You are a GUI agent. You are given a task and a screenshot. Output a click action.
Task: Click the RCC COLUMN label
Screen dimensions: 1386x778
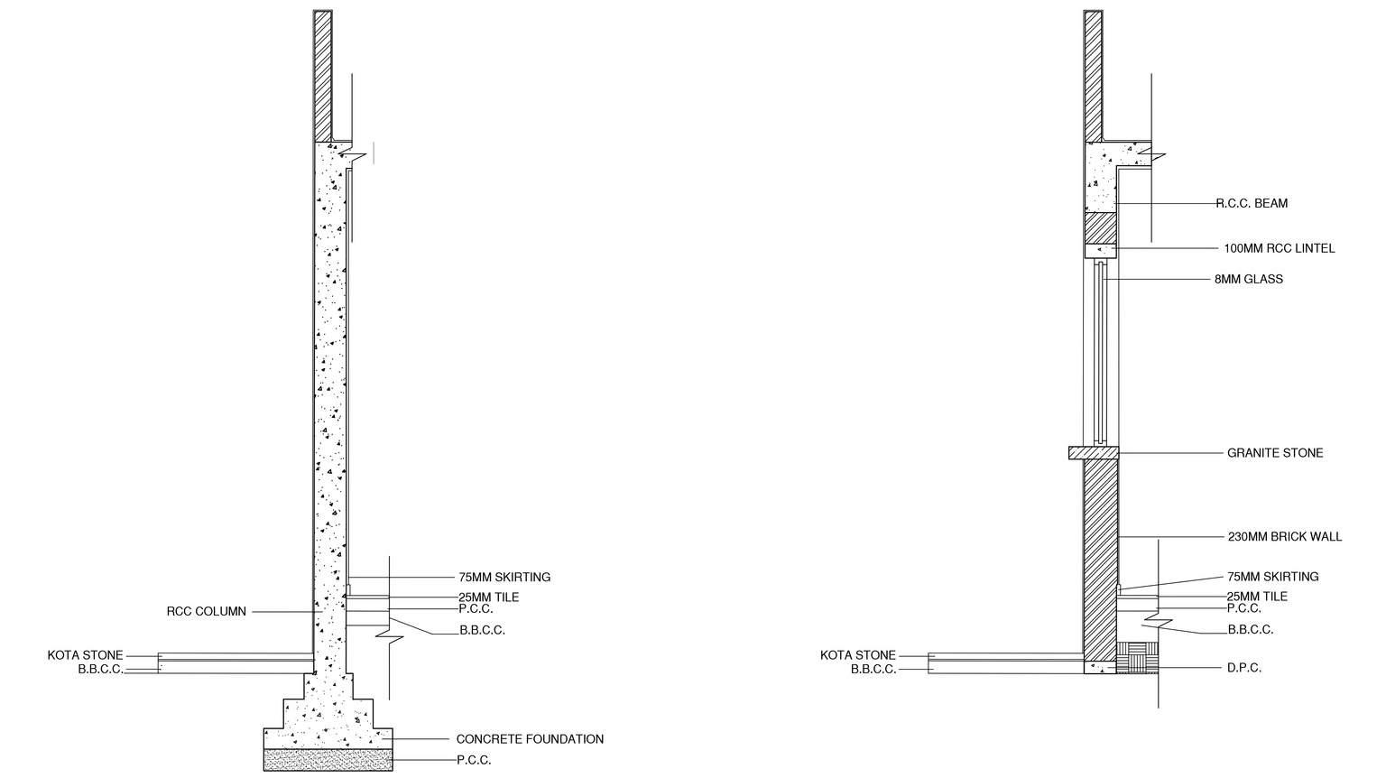coord(206,611)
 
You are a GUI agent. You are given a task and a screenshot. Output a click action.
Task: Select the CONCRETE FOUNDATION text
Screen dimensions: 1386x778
coord(530,739)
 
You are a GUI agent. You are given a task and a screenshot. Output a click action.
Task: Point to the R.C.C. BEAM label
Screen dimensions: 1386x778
coord(1252,203)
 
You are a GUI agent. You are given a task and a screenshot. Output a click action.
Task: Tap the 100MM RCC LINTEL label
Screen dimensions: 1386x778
coord(1279,248)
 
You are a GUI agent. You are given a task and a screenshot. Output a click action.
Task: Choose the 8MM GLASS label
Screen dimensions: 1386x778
coord(1248,279)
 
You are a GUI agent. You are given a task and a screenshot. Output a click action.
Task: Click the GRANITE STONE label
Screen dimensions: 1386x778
coord(1274,453)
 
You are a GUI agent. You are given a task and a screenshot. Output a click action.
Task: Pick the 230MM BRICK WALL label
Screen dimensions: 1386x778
coord(1284,536)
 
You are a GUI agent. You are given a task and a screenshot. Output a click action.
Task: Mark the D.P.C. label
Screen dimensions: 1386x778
coord(1243,668)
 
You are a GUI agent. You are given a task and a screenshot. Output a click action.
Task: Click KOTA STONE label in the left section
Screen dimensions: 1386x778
coord(85,655)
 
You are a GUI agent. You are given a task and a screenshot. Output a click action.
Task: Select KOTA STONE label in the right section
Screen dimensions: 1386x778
coord(857,655)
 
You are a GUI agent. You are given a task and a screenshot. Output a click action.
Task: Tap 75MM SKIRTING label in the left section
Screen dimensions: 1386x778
coord(504,577)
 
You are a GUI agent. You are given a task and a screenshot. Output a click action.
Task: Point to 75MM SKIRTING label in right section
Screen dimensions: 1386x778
coord(1272,577)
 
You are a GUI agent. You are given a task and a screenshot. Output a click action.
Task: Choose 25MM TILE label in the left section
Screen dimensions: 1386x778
coord(488,597)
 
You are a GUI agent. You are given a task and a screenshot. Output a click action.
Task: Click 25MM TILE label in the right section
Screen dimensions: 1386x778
coord(1257,597)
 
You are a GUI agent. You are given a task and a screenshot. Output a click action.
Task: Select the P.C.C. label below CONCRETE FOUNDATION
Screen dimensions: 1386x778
coord(474,760)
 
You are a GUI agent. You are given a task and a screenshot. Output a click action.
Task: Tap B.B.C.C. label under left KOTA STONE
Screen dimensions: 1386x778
coord(100,669)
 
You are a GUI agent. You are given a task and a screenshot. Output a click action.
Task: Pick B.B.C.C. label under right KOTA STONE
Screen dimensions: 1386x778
coord(873,669)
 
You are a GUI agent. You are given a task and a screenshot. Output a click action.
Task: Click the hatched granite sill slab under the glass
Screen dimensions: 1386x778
coord(1094,453)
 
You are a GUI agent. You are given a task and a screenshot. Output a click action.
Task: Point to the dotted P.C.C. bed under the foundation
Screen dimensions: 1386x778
coord(328,759)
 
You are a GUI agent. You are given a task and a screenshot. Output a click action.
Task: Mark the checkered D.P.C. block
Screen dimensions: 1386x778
coord(1137,658)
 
